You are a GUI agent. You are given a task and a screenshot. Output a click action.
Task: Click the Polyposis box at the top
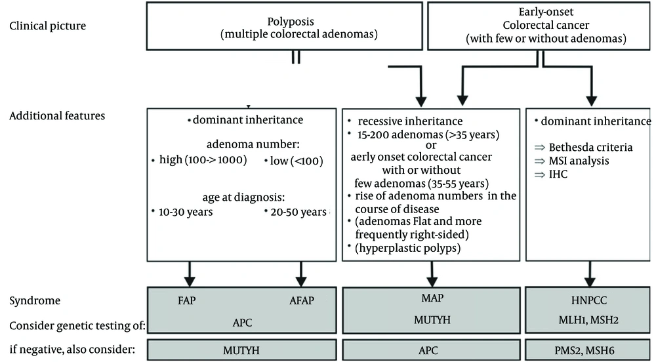click(285, 26)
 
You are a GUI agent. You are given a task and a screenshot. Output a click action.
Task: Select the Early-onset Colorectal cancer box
click(539, 26)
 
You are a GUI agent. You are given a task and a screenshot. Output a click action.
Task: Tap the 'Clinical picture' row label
click(47, 26)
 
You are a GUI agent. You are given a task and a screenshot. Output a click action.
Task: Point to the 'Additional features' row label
click(57, 116)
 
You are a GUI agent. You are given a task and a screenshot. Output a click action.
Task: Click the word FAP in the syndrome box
click(186, 300)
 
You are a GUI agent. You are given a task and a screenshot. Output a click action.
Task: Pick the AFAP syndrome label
click(302, 300)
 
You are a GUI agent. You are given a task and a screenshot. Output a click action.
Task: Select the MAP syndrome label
click(432, 298)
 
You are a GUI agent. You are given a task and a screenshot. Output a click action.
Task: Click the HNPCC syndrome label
click(588, 300)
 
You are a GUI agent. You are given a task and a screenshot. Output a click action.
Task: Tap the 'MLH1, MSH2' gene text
click(588, 320)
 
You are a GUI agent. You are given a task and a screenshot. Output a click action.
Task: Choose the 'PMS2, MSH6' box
click(587, 350)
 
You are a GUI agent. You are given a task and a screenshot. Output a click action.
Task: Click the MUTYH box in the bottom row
click(241, 350)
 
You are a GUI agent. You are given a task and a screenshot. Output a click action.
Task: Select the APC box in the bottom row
click(431, 350)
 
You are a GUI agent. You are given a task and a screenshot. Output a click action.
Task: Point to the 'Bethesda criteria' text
click(590, 148)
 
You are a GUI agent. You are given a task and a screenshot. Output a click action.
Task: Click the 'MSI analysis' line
click(579, 161)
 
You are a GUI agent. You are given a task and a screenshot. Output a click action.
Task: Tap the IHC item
click(558, 174)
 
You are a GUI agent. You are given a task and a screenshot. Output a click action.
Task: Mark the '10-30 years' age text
click(186, 212)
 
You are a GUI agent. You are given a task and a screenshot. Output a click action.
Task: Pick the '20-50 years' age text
click(298, 212)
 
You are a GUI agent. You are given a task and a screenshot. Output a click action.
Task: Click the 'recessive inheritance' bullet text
click(410, 121)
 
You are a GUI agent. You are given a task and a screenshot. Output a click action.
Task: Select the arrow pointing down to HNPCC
click(590, 274)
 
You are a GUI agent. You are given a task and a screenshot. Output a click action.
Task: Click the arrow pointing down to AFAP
click(301, 274)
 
